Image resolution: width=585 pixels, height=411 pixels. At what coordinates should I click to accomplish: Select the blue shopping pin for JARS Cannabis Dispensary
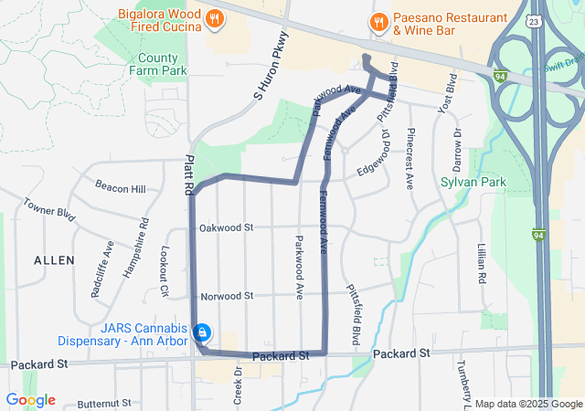205,332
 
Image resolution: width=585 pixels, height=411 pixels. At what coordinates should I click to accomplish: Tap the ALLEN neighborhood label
54,260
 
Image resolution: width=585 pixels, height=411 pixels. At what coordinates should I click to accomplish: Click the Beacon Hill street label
126,189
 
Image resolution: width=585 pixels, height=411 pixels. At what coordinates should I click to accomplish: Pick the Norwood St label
226,296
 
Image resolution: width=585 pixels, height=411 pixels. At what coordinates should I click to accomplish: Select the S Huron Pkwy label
271,66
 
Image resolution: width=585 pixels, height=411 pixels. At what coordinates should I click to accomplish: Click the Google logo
30,400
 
